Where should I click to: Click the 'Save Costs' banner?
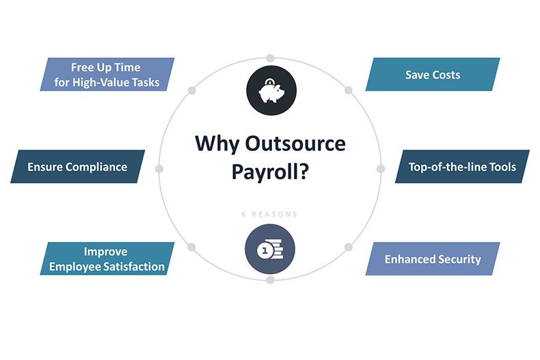(x=433, y=74)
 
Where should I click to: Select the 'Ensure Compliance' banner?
(x=77, y=167)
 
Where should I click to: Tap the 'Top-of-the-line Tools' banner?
(x=462, y=167)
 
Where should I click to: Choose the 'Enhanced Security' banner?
(x=433, y=259)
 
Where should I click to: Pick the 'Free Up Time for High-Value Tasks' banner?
(x=107, y=74)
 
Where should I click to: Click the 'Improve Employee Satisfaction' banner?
(x=107, y=259)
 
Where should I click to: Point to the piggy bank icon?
(x=271, y=91)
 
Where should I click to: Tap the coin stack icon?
(x=270, y=249)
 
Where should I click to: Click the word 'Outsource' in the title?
(x=295, y=143)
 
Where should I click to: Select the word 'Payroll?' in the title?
(x=271, y=171)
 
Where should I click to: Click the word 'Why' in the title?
(x=217, y=144)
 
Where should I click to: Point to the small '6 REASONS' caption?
(x=269, y=214)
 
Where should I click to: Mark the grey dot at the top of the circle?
(x=271, y=58)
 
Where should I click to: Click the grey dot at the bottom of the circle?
(x=271, y=279)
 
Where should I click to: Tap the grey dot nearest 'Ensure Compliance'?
(x=159, y=169)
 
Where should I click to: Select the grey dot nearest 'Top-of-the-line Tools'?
(x=381, y=169)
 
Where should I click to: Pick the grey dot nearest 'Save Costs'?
(x=349, y=90)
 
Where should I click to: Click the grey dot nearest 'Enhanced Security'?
(x=349, y=247)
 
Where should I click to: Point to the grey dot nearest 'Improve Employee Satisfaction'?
(x=192, y=247)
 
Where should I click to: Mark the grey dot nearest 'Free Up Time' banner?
(x=192, y=90)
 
